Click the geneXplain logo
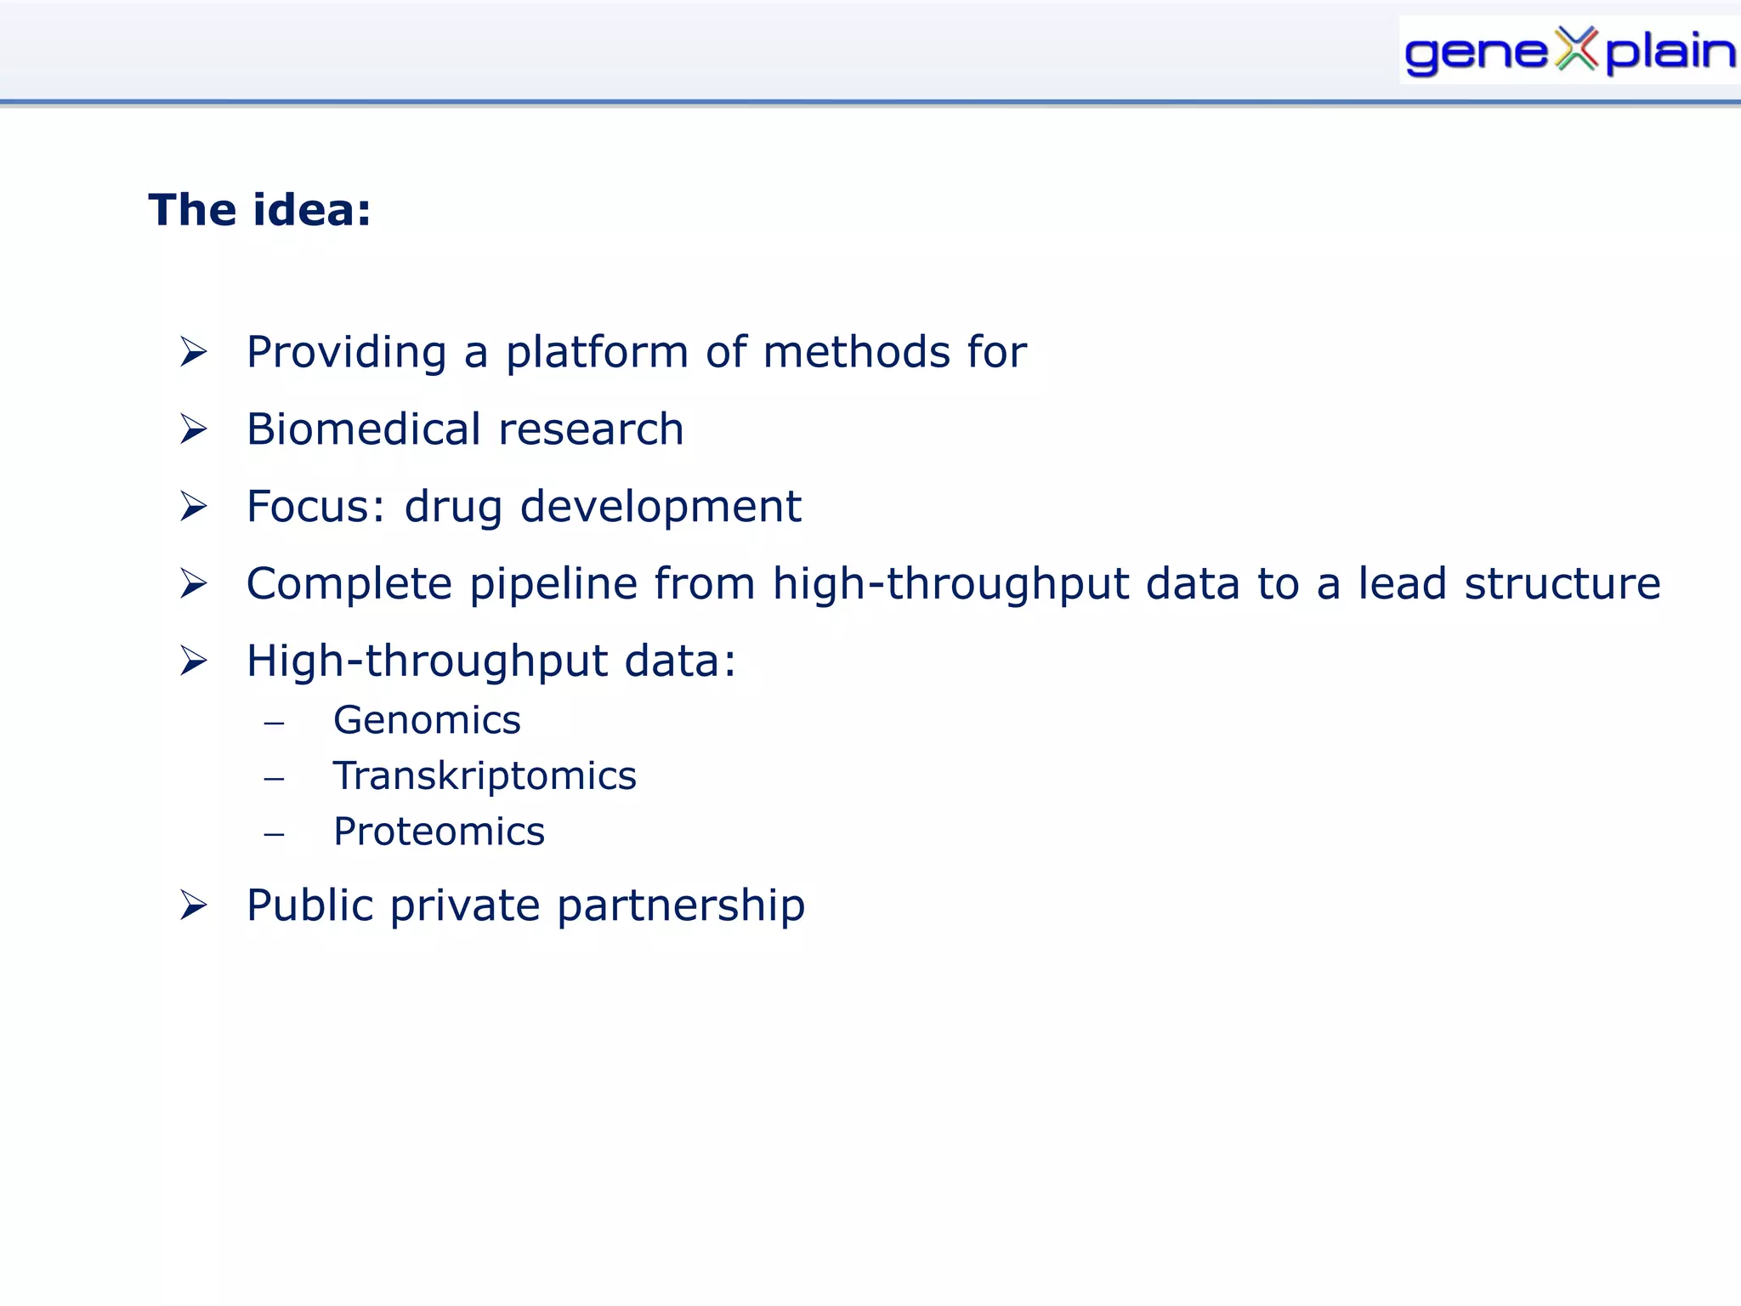(1568, 51)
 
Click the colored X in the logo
(1578, 48)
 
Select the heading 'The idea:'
(260, 210)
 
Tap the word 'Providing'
(346, 352)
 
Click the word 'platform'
(597, 352)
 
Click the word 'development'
(661, 508)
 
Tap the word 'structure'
(1562, 583)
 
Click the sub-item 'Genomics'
(427, 721)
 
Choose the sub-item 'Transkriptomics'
(485, 776)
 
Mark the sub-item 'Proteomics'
(439, 832)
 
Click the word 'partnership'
(681, 906)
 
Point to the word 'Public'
(309, 905)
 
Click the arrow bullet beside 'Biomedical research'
(194, 429)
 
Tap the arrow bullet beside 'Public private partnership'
(194, 906)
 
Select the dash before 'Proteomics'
(274, 834)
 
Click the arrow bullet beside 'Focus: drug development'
(194, 507)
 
